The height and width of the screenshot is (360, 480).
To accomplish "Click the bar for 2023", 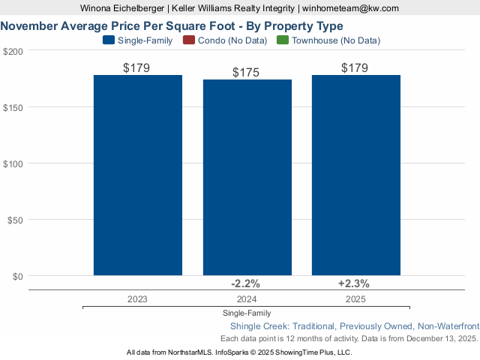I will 137,175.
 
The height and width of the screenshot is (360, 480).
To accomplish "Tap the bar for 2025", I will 355,175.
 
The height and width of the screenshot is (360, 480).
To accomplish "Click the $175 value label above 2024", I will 247,73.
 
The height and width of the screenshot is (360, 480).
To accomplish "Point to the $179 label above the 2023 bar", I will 137,68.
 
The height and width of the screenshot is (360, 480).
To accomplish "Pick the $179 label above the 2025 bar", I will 355,68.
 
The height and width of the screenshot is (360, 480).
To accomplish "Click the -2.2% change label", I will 246,283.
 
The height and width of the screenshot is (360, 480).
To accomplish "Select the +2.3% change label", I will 354,283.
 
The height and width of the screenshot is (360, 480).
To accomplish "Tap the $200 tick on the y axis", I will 13,51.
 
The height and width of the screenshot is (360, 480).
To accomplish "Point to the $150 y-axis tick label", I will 13,107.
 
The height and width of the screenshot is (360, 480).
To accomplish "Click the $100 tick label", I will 13,163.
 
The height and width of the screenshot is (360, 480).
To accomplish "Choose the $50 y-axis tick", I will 15,220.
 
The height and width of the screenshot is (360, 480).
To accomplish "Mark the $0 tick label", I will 17,276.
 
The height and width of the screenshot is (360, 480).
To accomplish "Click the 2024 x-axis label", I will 247,298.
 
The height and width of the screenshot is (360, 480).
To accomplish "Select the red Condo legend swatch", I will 188,40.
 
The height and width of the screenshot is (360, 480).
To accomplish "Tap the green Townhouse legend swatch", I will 282,40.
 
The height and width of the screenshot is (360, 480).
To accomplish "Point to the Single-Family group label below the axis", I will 247,313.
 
